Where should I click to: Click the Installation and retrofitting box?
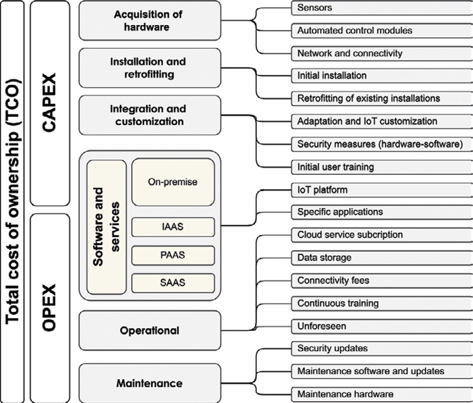(x=150, y=69)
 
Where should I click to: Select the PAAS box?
(x=173, y=255)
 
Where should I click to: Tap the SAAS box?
(x=173, y=282)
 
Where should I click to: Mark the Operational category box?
(x=150, y=331)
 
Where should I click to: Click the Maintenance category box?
(x=150, y=383)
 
